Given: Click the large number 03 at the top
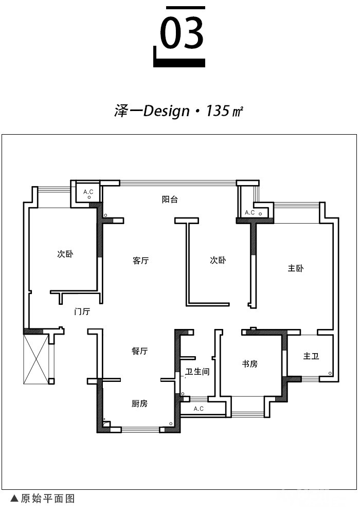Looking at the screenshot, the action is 182,33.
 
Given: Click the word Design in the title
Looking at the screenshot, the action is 167,112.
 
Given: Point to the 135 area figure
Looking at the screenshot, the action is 218,111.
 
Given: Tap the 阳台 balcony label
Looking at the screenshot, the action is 170,199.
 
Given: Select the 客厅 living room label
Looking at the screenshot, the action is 140,261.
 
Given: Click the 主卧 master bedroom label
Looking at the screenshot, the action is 296,268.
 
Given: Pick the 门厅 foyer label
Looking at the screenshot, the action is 82,311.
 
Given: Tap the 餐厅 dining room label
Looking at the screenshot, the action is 140,351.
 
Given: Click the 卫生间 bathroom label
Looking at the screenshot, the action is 197,372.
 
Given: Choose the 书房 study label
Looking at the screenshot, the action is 250,364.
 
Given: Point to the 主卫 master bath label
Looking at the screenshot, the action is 311,356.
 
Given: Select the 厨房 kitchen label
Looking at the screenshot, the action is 140,403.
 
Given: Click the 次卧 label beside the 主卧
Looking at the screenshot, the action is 218,260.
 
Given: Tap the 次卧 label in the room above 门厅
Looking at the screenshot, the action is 65,254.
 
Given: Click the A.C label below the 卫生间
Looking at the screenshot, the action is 199,409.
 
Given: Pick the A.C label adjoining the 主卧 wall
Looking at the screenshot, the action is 250,212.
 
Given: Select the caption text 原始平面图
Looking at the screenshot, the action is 48,499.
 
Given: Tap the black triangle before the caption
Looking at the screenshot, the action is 14,499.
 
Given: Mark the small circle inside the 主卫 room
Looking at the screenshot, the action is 330,373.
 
